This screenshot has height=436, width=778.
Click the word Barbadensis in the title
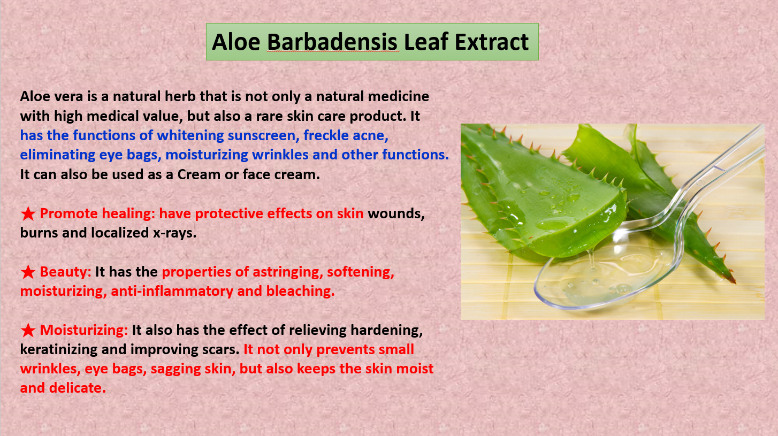coord(332,42)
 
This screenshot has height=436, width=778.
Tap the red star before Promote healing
coord(28,214)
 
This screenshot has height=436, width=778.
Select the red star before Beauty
coord(28,272)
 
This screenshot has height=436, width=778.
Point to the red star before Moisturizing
coord(28,331)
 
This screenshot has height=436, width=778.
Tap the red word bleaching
coord(300,291)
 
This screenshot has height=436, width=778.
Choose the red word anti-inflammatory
coord(172,291)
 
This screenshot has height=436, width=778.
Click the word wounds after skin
coord(396,214)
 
